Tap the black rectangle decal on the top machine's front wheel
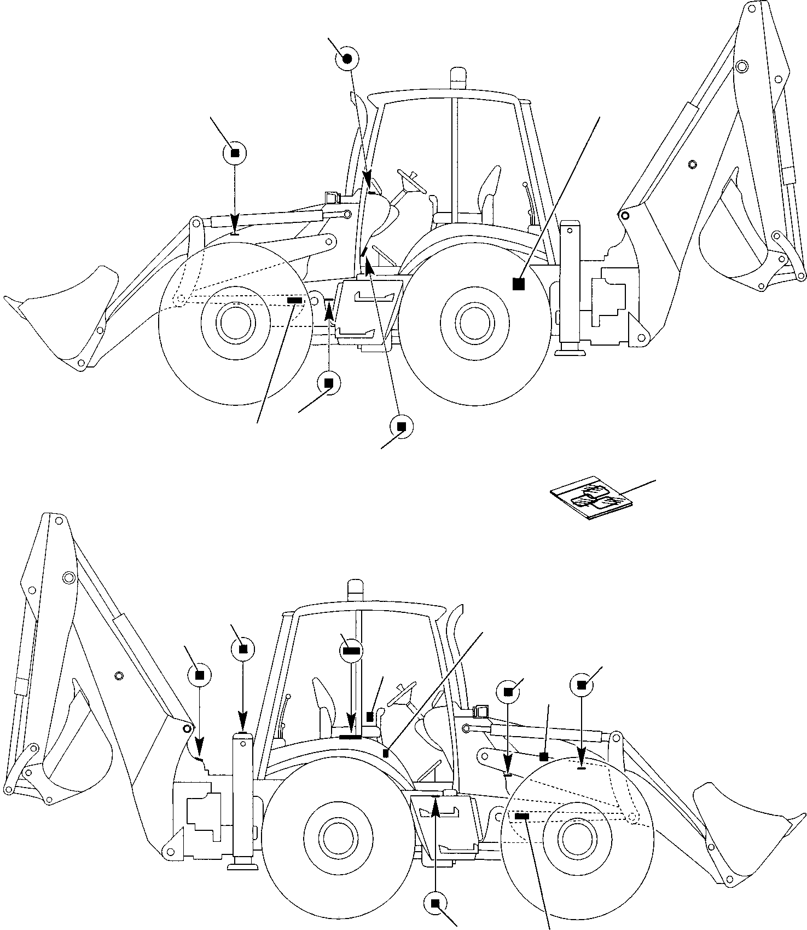294,301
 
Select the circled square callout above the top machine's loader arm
235,154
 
